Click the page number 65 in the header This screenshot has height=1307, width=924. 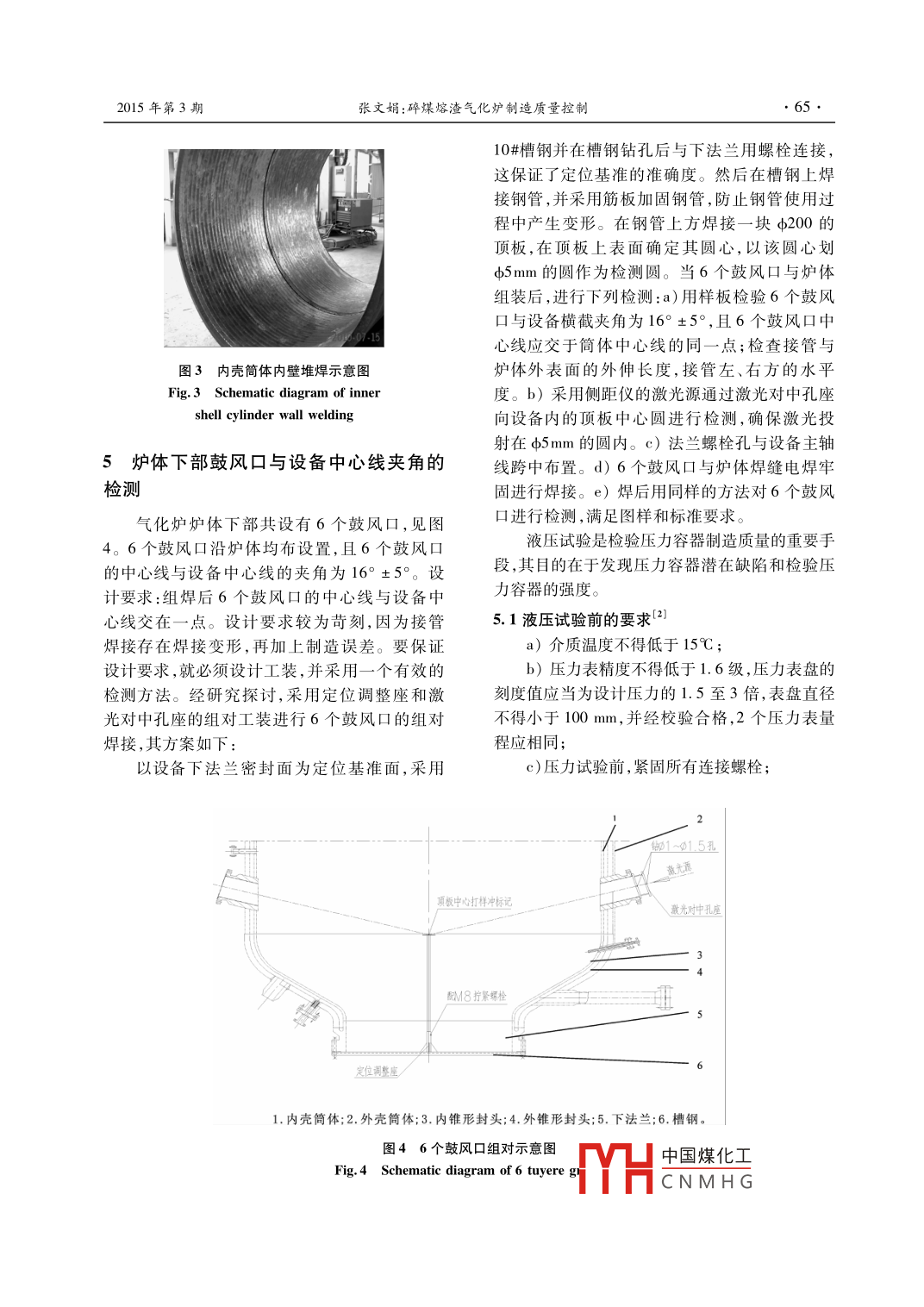pyautogui.click(x=802, y=107)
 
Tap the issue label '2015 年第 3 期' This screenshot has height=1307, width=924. pyautogui.click(x=160, y=108)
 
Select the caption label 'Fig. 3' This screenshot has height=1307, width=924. pyautogui.click(x=184, y=393)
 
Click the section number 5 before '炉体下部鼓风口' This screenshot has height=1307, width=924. pyautogui.click(x=108, y=463)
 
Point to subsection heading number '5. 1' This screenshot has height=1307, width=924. pyautogui.click(x=505, y=620)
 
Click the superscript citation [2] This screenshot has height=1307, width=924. pyautogui.click(x=659, y=614)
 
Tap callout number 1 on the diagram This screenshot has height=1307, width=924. pyautogui.click(x=615, y=818)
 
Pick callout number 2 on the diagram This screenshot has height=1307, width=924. pyautogui.click(x=700, y=819)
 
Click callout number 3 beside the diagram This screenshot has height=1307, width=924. pyautogui.click(x=700, y=954)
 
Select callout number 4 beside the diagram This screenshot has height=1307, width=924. pyautogui.click(x=700, y=972)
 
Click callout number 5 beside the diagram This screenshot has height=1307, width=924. pyautogui.click(x=700, y=1014)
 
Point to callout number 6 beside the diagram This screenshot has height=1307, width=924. pyautogui.click(x=700, y=1066)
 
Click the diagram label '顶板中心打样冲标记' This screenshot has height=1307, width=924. pyautogui.click(x=474, y=902)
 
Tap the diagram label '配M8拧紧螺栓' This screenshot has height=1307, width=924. pyautogui.click(x=477, y=996)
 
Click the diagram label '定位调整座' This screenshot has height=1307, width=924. pyautogui.click(x=377, y=1072)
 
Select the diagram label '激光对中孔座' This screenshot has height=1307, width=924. pyautogui.click(x=696, y=910)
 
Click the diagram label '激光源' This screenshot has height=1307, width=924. pyautogui.click(x=679, y=869)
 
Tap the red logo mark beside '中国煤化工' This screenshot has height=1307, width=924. pyautogui.click(x=615, y=1168)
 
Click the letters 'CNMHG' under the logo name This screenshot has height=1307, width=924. pyautogui.click(x=707, y=1182)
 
